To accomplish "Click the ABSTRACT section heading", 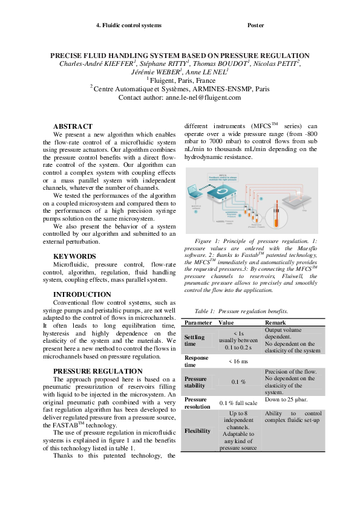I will [73, 126].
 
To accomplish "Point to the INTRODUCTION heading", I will [82, 295].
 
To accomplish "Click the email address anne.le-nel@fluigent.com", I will [203, 97].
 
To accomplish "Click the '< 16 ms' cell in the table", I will [238, 361].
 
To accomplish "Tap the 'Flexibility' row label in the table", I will [197, 431].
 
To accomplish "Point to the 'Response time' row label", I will [196, 361].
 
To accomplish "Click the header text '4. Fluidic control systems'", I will [129, 25].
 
